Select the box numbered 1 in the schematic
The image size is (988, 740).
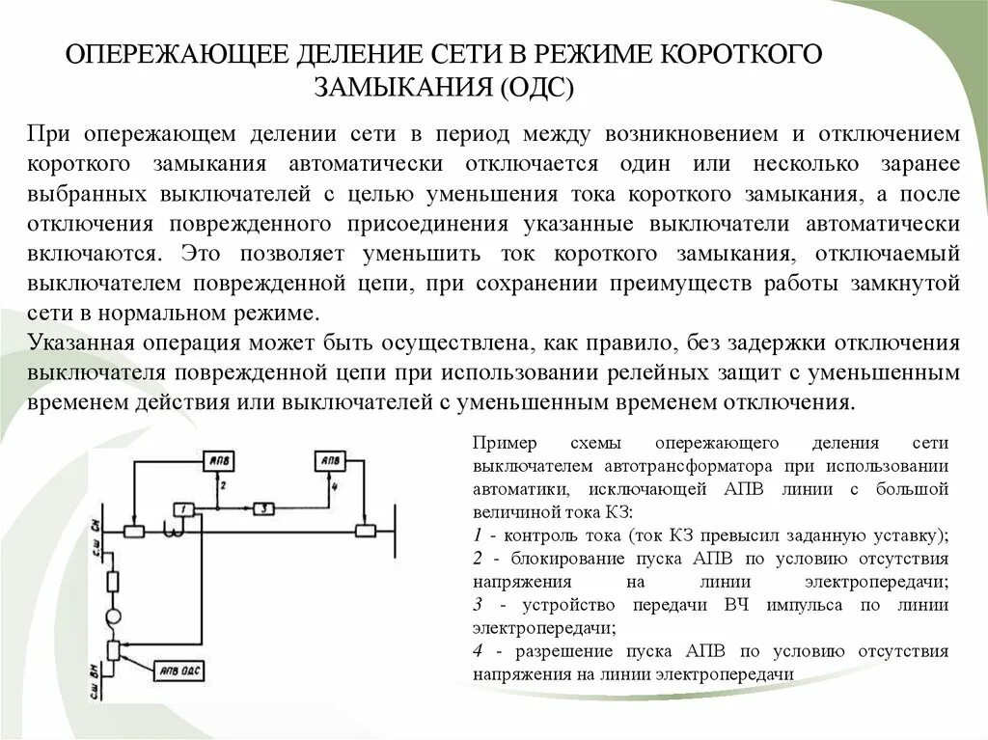(181, 507)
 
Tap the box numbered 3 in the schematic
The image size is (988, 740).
(266, 507)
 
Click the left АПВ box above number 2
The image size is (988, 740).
(220, 462)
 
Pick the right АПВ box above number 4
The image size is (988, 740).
(330, 462)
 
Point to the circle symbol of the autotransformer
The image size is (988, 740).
(113, 616)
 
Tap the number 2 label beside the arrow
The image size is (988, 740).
(223, 487)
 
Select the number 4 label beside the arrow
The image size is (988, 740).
(334, 487)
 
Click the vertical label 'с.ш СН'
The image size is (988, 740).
(96, 529)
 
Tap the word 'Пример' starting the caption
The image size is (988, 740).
(501, 443)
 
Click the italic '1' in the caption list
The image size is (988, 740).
(478, 534)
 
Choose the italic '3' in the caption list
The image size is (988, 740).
(478, 605)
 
